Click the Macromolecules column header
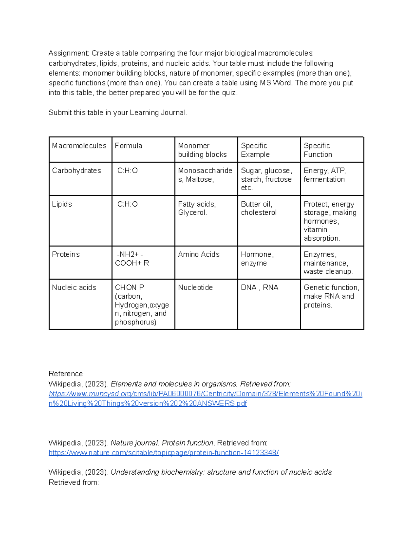[x=79, y=146]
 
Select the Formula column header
[x=128, y=146]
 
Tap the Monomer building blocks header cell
[x=202, y=150]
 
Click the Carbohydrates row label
[x=77, y=171]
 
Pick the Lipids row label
[x=62, y=204]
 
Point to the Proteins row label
[x=66, y=255]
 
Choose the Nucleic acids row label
[x=74, y=288]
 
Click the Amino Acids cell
[x=199, y=255]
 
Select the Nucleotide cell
[x=195, y=288]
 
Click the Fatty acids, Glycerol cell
[x=197, y=208]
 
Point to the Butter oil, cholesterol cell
[x=259, y=208]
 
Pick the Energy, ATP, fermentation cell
[x=324, y=175]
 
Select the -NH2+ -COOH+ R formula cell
[x=132, y=259]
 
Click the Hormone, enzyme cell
[x=257, y=259]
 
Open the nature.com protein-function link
[x=164, y=453]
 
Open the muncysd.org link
[x=205, y=394]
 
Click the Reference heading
[x=66, y=374]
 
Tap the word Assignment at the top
[x=69, y=53]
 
